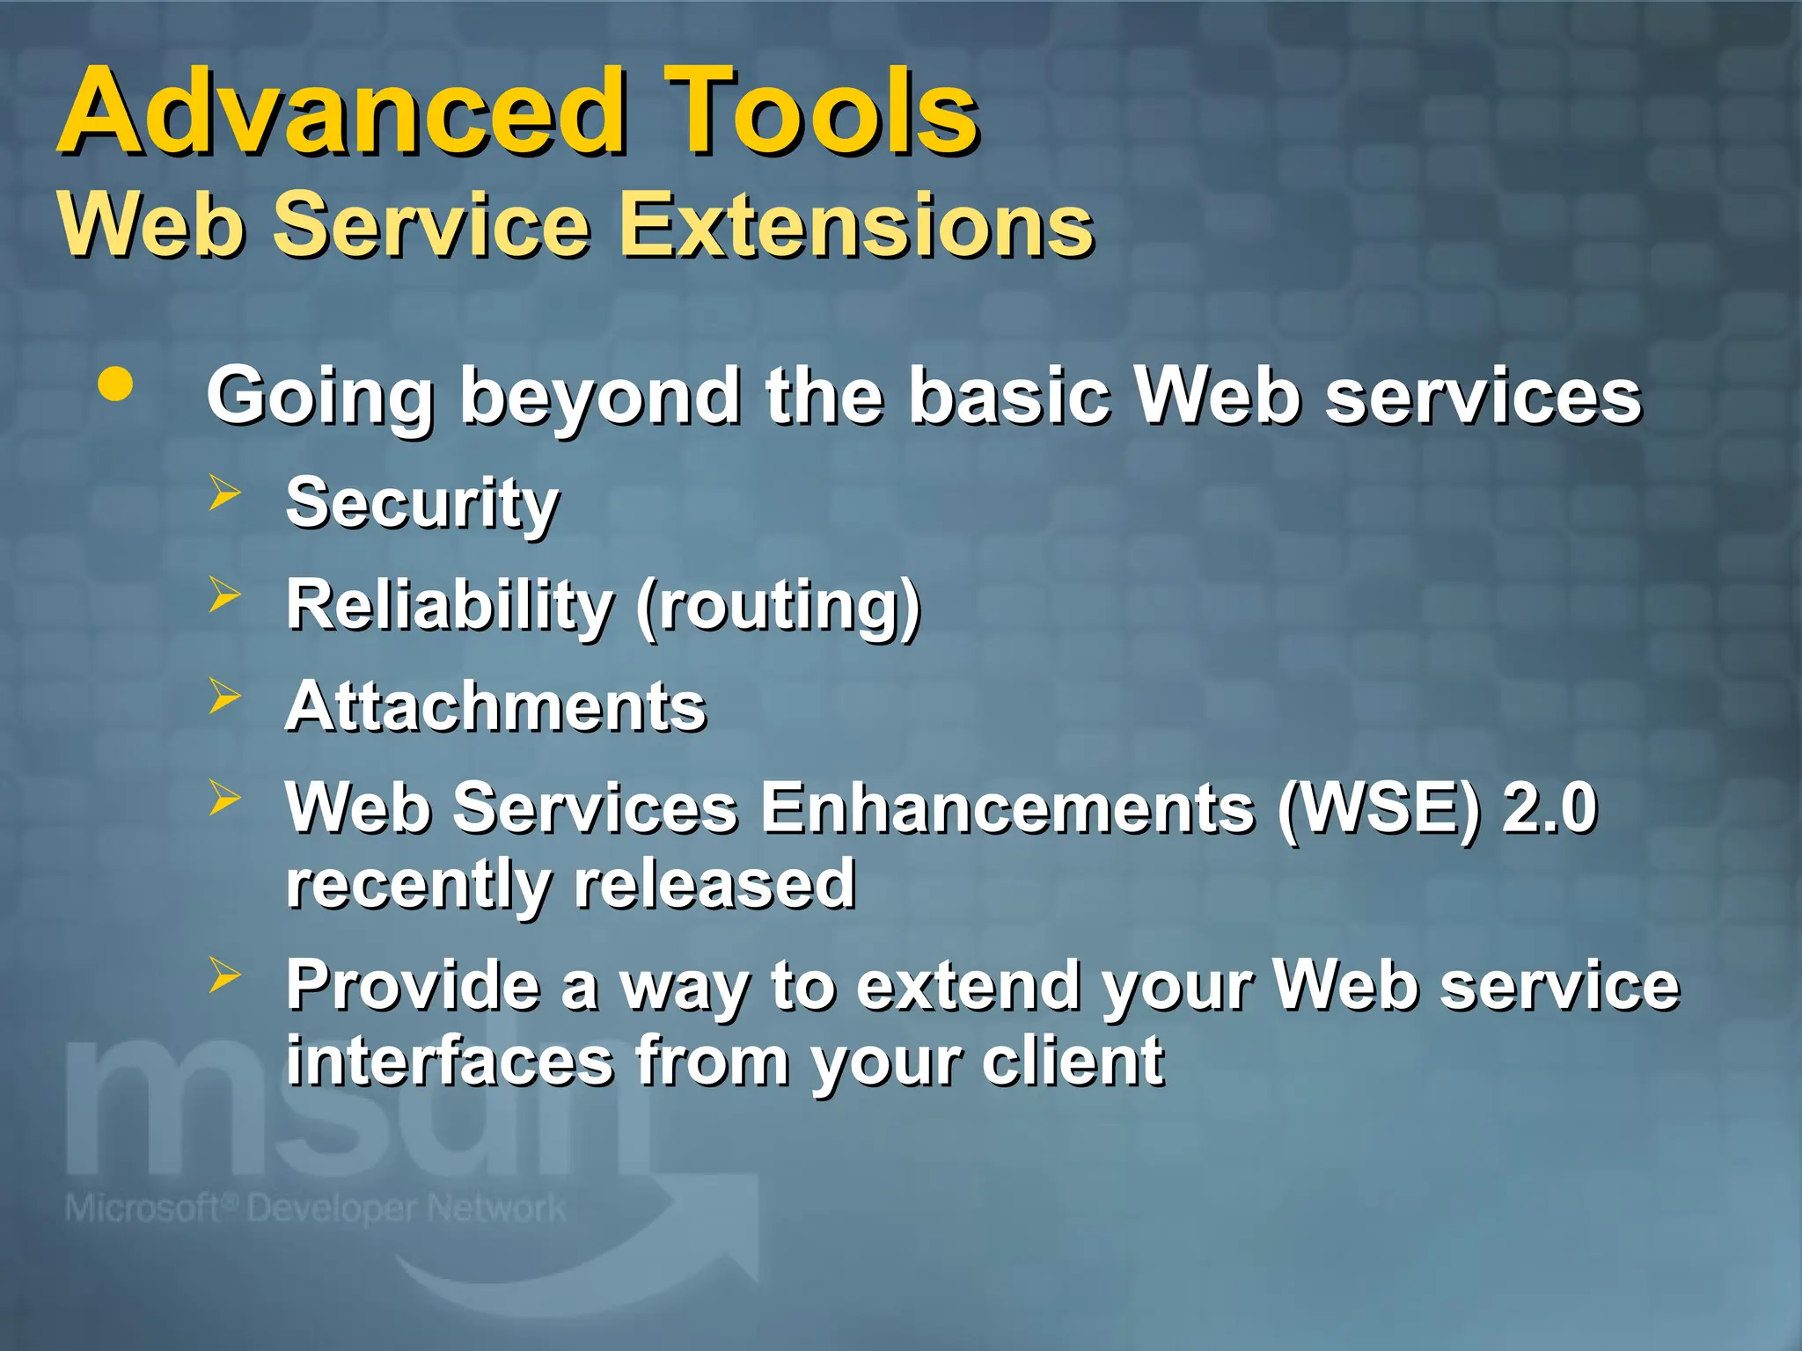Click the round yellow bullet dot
115,384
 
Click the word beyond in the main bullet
599,398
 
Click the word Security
422,504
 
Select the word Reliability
450,606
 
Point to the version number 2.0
1549,808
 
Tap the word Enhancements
1007,808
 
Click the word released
714,884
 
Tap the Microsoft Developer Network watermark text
315,1209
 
